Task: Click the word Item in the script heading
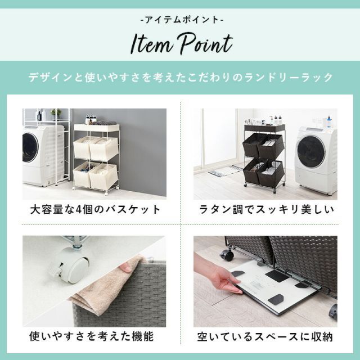[150, 44]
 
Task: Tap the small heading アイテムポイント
[180, 19]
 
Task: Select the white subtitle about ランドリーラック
[180, 76]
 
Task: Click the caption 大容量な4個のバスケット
[95, 210]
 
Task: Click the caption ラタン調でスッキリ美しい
[266, 210]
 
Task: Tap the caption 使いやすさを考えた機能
[91, 337]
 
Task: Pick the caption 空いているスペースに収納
[265, 337]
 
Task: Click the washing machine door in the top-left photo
[30, 147]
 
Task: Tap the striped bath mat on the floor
[224, 170]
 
